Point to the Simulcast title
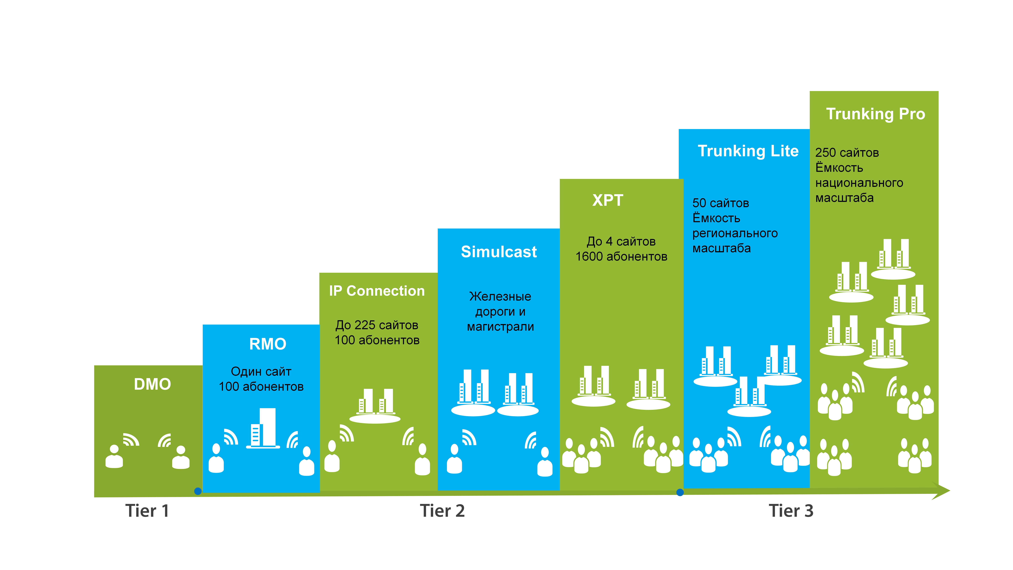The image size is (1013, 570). [499, 252]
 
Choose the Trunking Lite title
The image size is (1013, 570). [748, 151]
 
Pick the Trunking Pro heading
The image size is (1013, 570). [875, 114]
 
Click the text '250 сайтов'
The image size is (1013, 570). [847, 153]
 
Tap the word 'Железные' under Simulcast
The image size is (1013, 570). [500, 297]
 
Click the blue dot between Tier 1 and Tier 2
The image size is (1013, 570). [198, 491]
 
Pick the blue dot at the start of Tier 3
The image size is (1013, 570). [680, 492]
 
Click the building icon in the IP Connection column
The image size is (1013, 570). [375, 405]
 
